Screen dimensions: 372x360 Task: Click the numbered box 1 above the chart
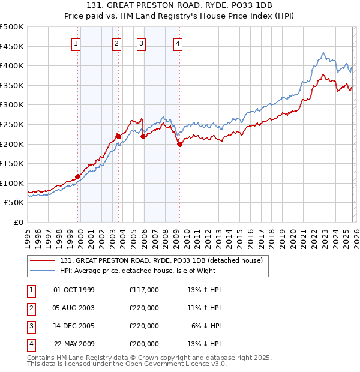click(77, 43)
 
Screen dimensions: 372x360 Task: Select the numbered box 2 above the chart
click(116, 43)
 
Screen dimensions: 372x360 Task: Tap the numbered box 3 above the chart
click(141, 43)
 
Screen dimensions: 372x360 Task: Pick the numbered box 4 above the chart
click(178, 43)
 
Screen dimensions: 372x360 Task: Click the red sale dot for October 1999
click(78, 176)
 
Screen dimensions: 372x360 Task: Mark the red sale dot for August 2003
click(118, 137)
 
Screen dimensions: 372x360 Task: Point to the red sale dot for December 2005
click(143, 137)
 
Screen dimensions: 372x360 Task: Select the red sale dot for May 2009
click(179, 144)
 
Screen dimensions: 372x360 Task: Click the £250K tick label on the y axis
click(12, 124)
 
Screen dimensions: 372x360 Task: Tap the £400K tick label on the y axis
click(12, 66)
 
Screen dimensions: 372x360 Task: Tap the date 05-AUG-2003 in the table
click(74, 308)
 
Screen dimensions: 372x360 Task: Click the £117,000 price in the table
click(144, 290)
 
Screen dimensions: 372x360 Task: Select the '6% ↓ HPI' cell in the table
click(206, 326)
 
